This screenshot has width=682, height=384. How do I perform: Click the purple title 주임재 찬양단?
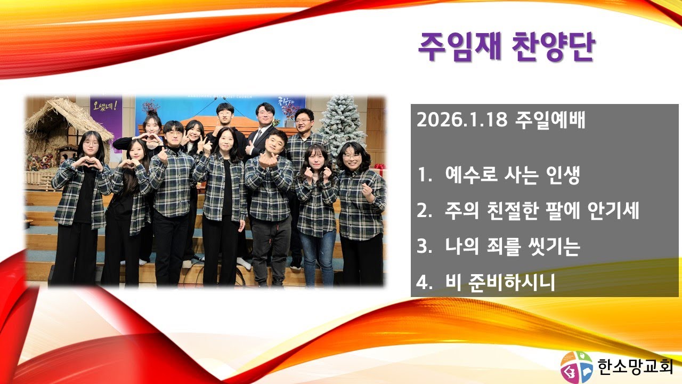click(x=507, y=47)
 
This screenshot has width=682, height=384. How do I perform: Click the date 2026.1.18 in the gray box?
click(x=462, y=120)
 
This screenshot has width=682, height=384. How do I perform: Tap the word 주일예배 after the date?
click(x=550, y=120)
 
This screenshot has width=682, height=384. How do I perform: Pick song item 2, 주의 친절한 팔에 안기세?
click(x=528, y=210)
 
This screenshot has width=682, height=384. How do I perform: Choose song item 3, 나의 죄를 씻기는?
click(x=498, y=246)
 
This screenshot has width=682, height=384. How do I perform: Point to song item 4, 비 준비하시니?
click(x=486, y=282)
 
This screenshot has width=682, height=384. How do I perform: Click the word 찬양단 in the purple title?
click(x=553, y=47)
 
